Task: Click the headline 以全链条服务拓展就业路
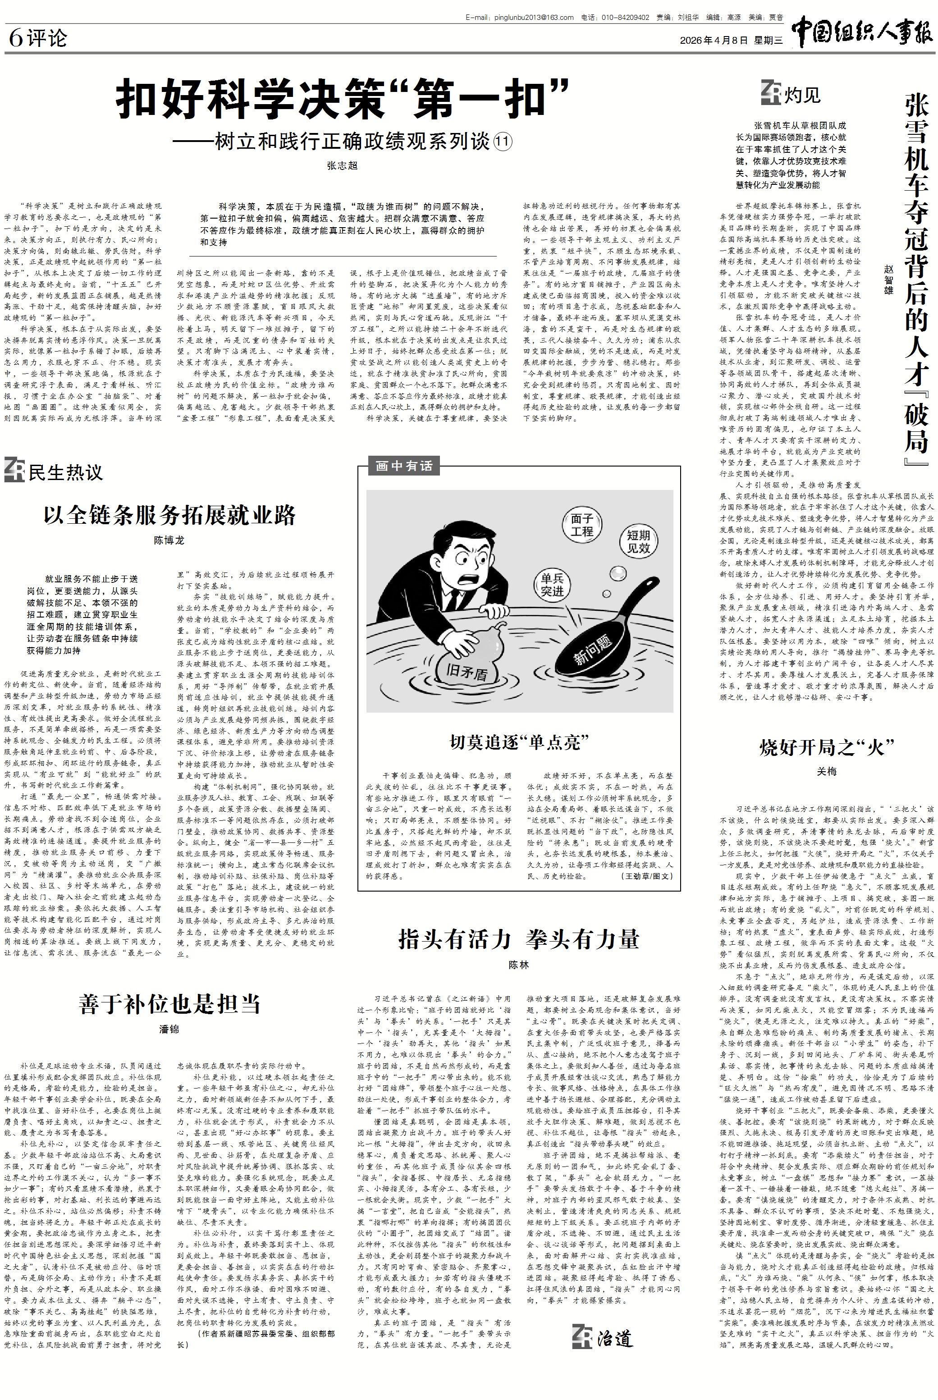click(x=169, y=514)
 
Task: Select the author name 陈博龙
click(x=169, y=540)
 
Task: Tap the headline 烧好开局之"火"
click(x=826, y=747)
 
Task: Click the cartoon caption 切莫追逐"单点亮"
click(x=519, y=742)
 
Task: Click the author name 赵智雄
click(x=888, y=279)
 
